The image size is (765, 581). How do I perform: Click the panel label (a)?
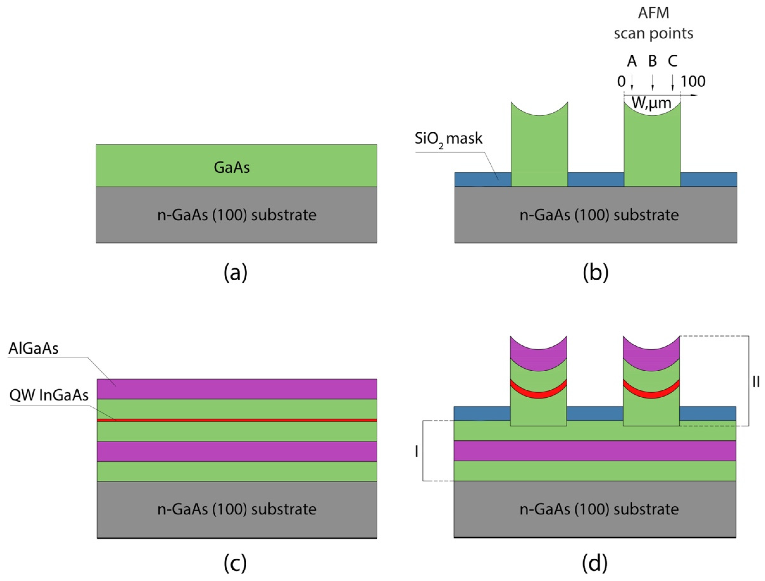click(x=236, y=273)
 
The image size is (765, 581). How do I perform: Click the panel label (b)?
click(x=595, y=273)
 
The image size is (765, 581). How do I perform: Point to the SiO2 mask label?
click(x=448, y=139)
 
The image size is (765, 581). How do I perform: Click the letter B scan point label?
click(x=652, y=61)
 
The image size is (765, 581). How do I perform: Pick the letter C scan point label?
click(x=672, y=61)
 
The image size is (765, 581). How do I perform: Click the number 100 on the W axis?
click(x=693, y=82)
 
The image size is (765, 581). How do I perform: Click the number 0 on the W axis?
click(x=621, y=82)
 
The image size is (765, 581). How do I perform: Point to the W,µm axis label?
click(x=652, y=103)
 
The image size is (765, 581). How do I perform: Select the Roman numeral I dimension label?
click(x=417, y=452)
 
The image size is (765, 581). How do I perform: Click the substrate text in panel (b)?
click(x=599, y=215)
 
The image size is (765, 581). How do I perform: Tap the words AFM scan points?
click(x=653, y=23)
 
